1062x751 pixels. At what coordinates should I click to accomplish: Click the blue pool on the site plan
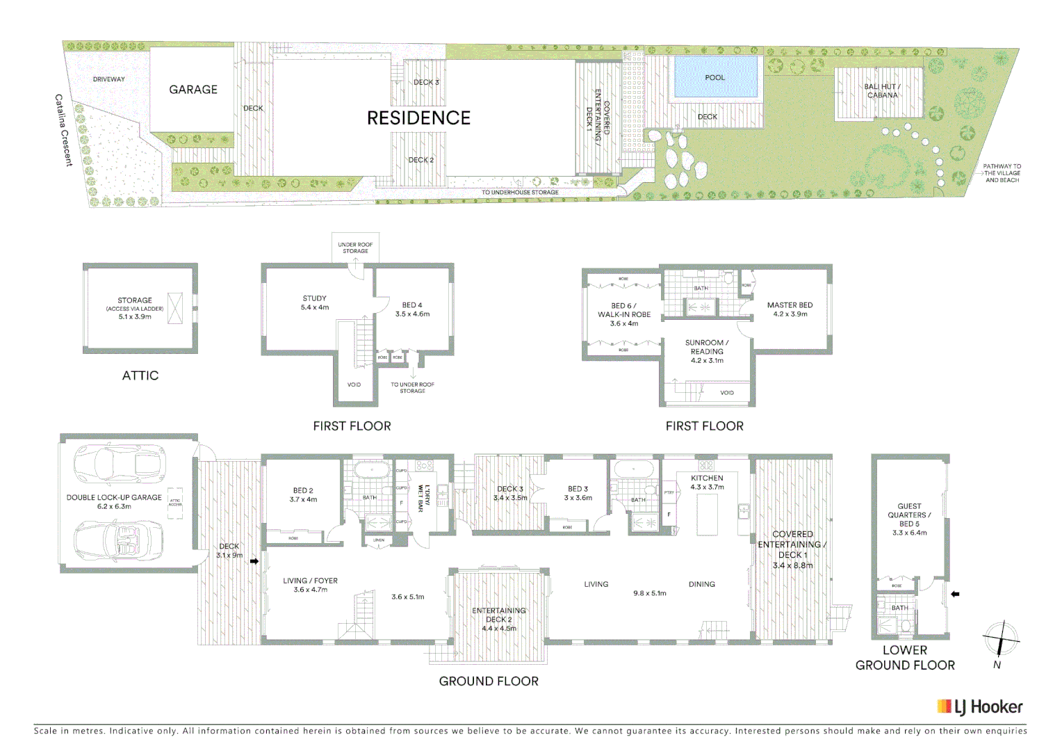pyautogui.click(x=715, y=78)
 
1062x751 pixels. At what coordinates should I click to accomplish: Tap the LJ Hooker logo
pyautogui.click(x=980, y=707)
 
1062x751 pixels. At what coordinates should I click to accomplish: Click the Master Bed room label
pyautogui.click(x=790, y=309)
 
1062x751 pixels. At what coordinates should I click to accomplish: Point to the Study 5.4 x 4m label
pyautogui.click(x=314, y=302)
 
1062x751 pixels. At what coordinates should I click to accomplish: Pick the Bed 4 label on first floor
pyautogui.click(x=412, y=309)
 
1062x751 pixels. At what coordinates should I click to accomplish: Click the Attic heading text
pyautogui.click(x=140, y=375)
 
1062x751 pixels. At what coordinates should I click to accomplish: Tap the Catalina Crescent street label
pyautogui.click(x=64, y=130)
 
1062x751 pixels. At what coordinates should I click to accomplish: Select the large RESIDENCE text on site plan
pyautogui.click(x=418, y=118)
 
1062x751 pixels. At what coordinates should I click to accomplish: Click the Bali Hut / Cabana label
pyautogui.click(x=882, y=90)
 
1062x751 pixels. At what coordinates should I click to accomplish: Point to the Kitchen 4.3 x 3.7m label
pyautogui.click(x=707, y=483)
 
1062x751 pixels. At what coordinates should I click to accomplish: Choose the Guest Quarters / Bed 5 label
pyautogui.click(x=909, y=519)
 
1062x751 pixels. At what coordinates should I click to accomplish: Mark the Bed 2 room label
pyautogui.click(x=303, y=495)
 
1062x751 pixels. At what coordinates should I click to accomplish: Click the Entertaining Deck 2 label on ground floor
pyautogui.click(x=499, y=619)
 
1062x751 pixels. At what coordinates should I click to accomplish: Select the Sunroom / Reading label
pyautogui.click(x=707, y=351)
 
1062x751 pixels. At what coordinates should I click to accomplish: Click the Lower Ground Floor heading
pyautogui.click(x=905, y=658)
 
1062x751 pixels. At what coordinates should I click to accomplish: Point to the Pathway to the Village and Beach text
pyautogui.click(x=1002, y=173)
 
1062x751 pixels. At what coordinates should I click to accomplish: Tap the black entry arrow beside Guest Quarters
pyautogui.click(x=955, y=594)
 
